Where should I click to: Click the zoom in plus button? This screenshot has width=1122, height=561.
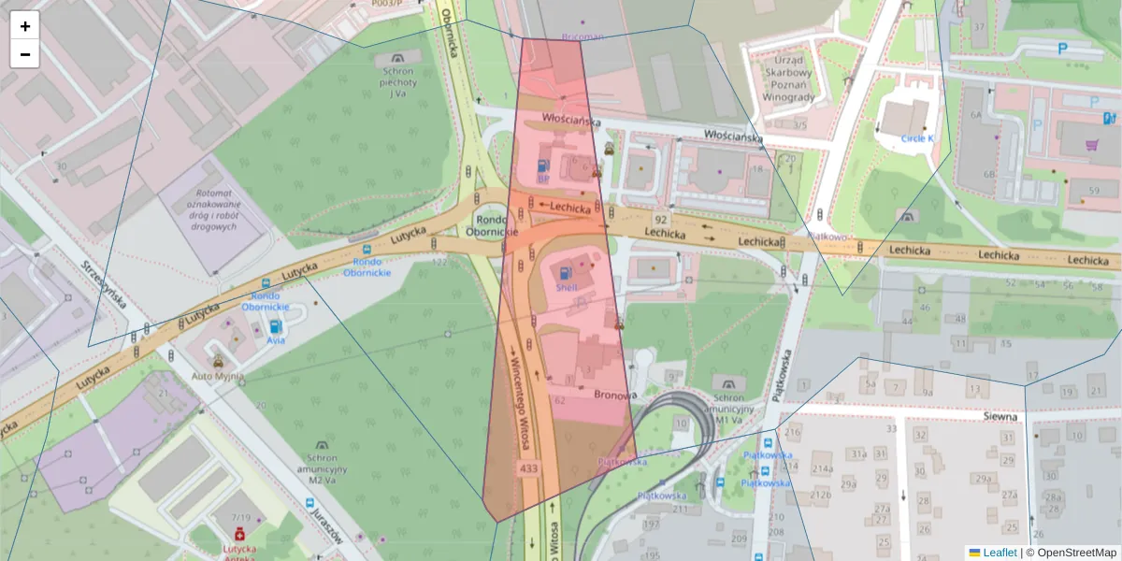coord(25,26)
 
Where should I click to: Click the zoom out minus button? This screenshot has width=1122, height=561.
coord(25,54)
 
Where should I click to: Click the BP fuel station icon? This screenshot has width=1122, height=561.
coord(542,165)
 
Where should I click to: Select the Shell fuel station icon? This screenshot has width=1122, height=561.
coord(566,274)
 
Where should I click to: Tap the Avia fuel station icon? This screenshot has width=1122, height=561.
coord(276,327)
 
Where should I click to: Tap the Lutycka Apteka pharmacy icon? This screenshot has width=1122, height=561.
coord(238,534)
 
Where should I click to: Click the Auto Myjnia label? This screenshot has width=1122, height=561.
coord(217,376)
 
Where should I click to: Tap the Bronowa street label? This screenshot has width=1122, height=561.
coord(615,395)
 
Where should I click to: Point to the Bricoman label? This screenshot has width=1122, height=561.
coord(583,37)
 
